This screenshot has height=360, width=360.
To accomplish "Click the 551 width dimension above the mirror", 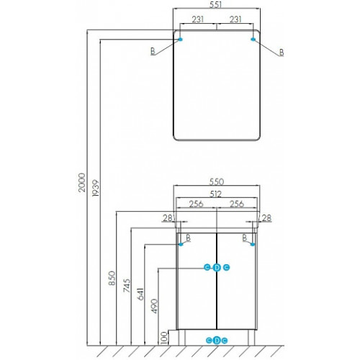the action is point(215,4).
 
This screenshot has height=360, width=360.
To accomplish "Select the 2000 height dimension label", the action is point(82,182).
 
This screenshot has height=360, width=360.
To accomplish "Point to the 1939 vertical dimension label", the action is point(96,189).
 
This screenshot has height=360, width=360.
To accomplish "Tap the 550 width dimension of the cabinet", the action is point(217,181).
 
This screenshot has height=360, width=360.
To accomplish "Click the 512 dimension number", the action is point(215,194).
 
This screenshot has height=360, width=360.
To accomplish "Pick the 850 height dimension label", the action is point(112,278).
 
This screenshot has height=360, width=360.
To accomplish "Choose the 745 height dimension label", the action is point(127,285).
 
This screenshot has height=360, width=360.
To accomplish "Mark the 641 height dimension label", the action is point(140,294).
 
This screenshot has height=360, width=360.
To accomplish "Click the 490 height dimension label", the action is point(155,306).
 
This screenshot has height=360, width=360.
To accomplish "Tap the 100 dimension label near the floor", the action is point(164,338).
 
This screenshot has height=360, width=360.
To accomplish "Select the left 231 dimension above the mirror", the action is point(197,19).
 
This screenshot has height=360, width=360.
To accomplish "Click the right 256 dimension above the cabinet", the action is point(237,204).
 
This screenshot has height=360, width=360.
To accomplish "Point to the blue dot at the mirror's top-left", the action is point(180,40).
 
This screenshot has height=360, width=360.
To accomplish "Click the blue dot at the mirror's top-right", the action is point(253,39).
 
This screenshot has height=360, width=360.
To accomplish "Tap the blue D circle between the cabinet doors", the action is point(217,268).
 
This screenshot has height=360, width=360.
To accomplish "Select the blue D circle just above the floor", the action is point(217,341).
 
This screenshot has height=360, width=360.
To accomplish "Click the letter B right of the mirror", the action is point(282,53).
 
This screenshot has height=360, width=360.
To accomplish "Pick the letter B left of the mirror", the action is point(153,51).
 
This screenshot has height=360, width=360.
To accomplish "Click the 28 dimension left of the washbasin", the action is point(168,218).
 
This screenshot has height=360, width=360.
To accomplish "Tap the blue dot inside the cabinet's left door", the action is point(181,244).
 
